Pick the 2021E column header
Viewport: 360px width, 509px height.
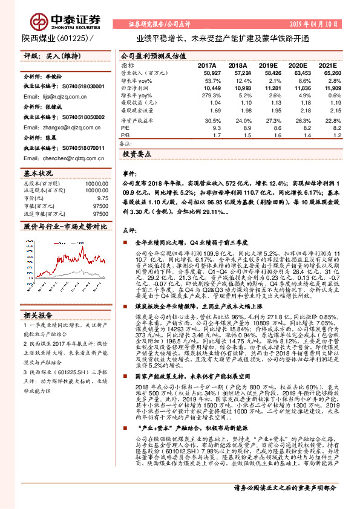pyautogui.click(x=327, y=65)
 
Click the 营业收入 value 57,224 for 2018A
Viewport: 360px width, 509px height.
pyautogui.click(x=238, y=73)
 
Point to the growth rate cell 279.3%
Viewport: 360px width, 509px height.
pyautogui.click(x=206, y=96)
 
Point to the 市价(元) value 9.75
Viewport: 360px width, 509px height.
pyautogui.click(x=102, y=198)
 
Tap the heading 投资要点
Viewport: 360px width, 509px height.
pyautogui.click(x=137, y=155)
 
